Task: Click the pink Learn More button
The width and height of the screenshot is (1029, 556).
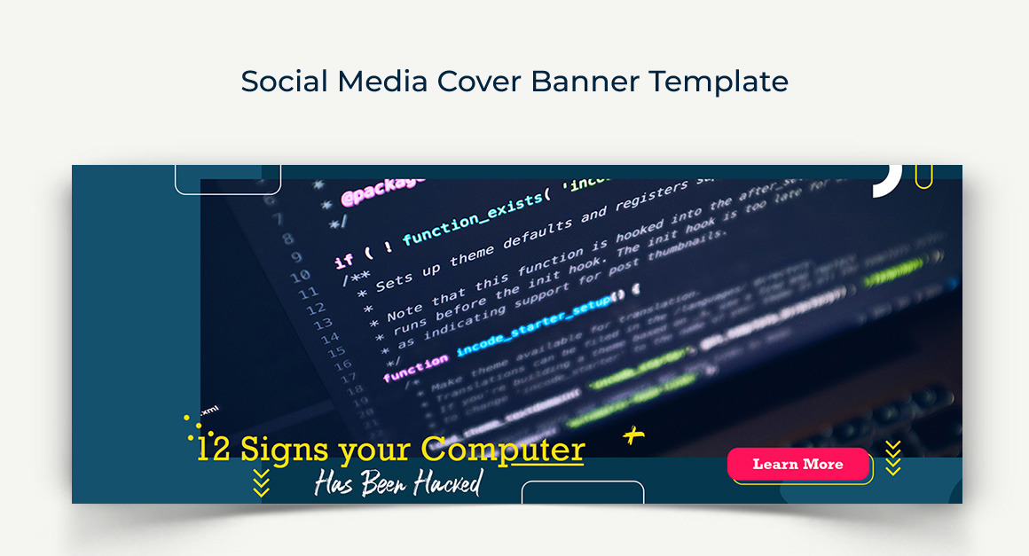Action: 798,464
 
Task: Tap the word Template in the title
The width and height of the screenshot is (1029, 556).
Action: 719,82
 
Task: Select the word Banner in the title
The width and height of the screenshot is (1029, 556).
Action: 585,82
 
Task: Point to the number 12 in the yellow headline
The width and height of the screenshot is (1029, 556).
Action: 214,450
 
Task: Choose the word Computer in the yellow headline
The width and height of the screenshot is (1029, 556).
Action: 503,450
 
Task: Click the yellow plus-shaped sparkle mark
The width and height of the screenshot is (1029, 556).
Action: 632,435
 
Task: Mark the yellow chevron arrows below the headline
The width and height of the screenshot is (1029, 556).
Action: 261,483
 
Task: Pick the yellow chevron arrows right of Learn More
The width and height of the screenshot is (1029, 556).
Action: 893,458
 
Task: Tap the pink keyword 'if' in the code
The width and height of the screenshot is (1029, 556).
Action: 344,260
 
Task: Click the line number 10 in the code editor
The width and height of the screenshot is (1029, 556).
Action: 301,276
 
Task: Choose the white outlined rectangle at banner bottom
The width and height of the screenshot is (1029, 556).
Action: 582,492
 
